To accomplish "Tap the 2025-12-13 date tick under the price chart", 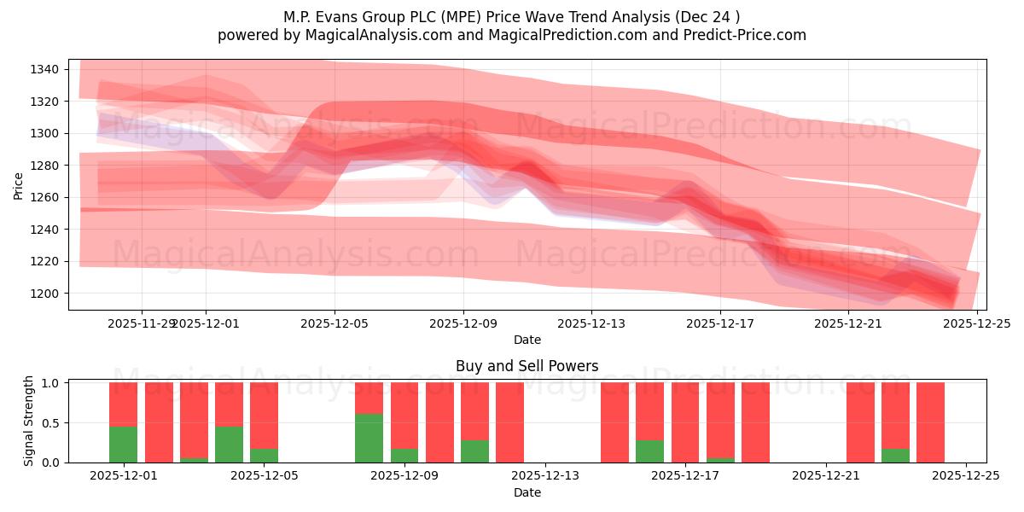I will point(591,324).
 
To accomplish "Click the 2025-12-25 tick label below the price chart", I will point(977,324).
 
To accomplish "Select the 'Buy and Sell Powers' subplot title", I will point(527,366).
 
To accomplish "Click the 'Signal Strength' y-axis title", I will point(29,420).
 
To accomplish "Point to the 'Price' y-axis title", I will point(19,185).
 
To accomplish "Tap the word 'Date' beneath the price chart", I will point(527,340).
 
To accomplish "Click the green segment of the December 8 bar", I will point(369,438).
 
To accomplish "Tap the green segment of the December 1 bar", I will point(123,445).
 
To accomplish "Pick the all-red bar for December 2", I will point(159,422).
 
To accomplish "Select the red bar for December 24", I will point(930,422).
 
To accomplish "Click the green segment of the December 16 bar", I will point(649,451).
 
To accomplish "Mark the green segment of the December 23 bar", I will point(895,455).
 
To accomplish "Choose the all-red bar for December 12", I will point(509,422).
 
